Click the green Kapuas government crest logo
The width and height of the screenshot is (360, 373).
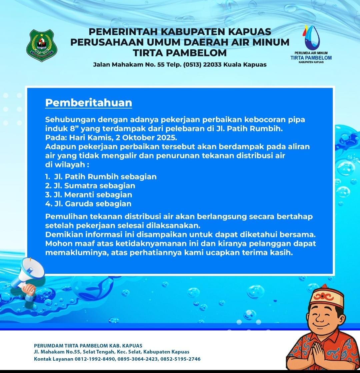point(42,46)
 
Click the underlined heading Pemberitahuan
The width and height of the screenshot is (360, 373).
point(89,103)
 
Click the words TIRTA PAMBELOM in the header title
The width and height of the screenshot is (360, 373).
point(180,53)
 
